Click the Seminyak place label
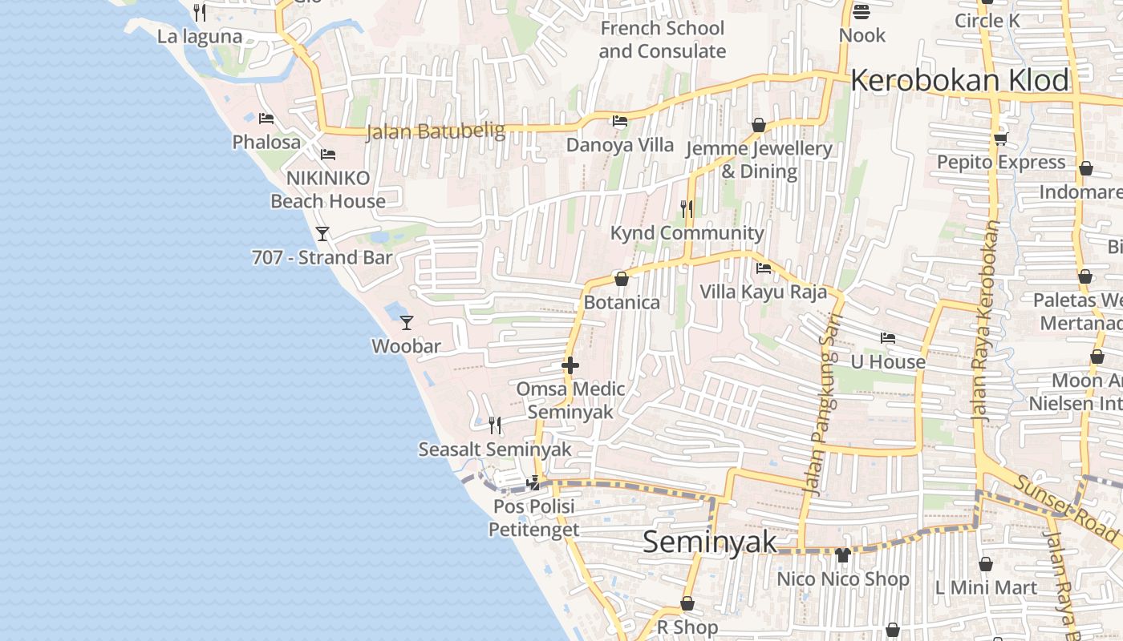pos(710,542)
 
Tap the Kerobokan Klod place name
pos(959,80)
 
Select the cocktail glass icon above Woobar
pos(407,322)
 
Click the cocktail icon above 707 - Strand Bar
pos(322,233)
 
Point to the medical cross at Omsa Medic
pos(570,365)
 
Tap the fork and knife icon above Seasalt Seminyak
pos(495,425)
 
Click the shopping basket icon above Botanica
pos(621,279)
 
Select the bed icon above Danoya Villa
pos(620,121)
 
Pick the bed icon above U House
pos(887,337)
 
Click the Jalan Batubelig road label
pos(436,131)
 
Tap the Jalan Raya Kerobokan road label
pos(985,320)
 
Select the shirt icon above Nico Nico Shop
pos(842,554)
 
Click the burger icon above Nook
pos(862,11)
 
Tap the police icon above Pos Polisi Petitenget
pos(533,483)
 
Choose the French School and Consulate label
pos(662,39)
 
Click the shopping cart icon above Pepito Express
pos(1000,139)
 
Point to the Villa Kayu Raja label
pos(763,292)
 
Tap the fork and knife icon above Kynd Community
pos(687,208)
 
